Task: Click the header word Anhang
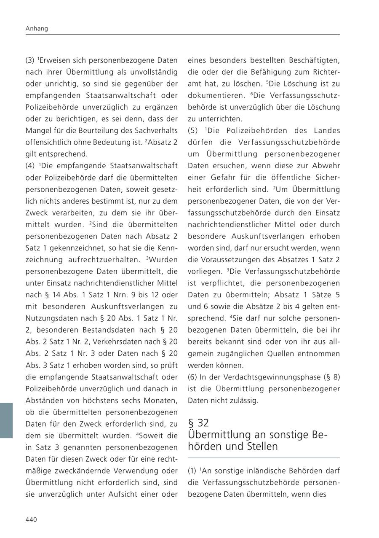(x=37, y=29)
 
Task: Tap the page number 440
(x=31, y=519)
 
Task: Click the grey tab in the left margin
(x=6, y=420)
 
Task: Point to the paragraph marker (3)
(x=30, y=60)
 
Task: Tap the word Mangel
(x=38, y=131)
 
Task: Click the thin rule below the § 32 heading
(x=264, y=458)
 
